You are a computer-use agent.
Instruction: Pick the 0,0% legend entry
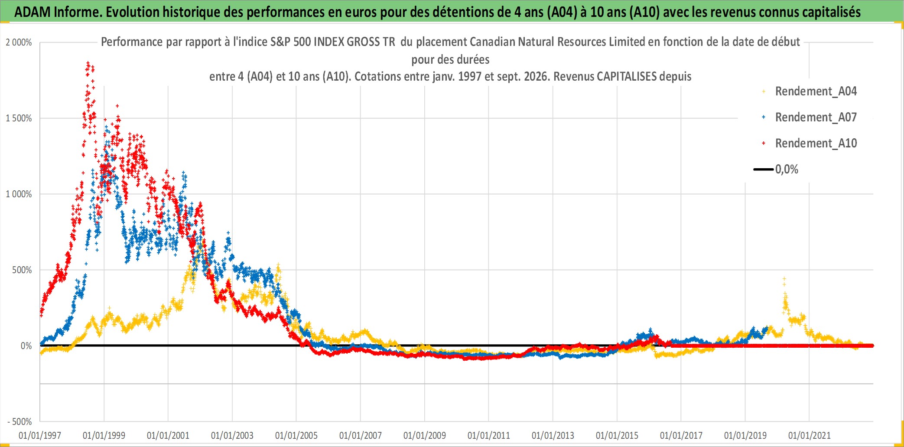click(x=776, y=169)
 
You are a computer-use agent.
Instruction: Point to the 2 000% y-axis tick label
click(x=19, y=42)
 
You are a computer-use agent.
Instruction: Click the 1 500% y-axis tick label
click(x=19, y=118)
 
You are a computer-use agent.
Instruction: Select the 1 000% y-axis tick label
click(x=19, y=194)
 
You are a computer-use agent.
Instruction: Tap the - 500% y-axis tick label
click(x=20, y=421)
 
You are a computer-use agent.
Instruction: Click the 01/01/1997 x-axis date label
click(x=40, y=435)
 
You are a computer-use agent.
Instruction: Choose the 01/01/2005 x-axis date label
click(x=296, y=435)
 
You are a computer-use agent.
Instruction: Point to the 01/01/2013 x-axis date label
click(x=553, y=435)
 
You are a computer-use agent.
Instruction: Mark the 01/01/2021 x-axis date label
click(x=810, y=435)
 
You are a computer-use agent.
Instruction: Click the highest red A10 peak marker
click(x=88, y=63)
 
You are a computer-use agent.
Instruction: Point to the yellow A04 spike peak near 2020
click(x=784, y=278)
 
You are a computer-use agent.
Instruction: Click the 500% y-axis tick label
click(x=22, y=270)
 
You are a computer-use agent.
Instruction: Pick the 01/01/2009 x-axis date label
click(x=425, y=435)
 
